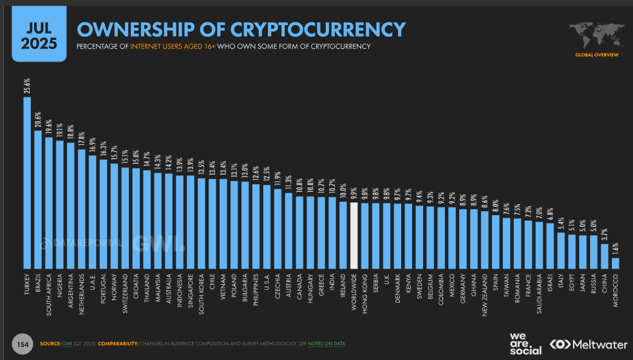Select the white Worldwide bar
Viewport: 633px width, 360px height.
click(x=354, y=235)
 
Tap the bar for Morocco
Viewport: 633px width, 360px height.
click(x=615, y=263)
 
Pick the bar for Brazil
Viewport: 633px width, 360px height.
click(x=38, y=199)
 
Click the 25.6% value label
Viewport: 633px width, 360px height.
click(x=27, y=86)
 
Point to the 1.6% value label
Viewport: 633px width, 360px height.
click(x=615, y=249)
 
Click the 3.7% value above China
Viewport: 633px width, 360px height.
click(x=604, y=234)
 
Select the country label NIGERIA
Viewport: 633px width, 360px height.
click(x=60, y=287)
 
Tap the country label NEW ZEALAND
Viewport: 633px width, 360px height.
click(x=484, y=294)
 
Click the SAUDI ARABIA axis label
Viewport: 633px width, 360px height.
click(x=539, y=294)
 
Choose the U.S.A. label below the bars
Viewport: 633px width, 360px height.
click(x=267, y=283)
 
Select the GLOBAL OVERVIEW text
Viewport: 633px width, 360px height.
click(x=596, y=55)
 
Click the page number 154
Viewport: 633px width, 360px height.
click(x=23, y=343)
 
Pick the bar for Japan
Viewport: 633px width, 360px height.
click(x=583, y=252)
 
